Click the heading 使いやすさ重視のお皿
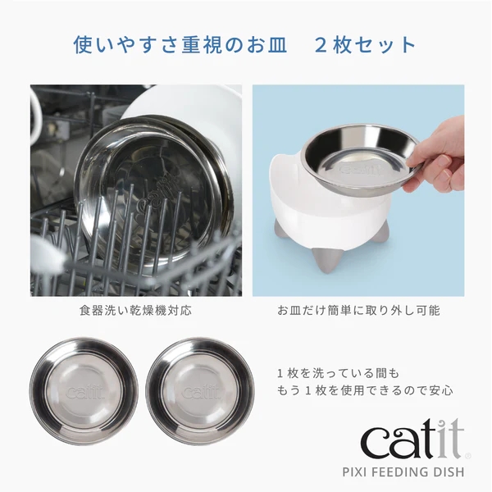[180, 45]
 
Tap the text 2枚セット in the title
[365, 45]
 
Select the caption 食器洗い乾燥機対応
[135, 311]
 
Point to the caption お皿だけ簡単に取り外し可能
[358, 311]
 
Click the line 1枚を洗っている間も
[338, 373]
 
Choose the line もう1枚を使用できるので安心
[365, 390]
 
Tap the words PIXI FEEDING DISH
[403, 471]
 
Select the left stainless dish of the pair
[84, 391]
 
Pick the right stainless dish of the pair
[200, 391]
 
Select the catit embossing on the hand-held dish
[361, 168]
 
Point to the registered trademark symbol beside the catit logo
[468, 457]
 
